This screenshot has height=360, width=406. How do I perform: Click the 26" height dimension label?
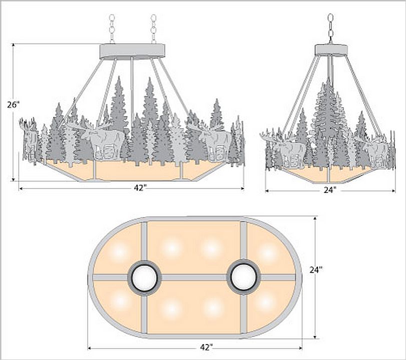(x=13, y=104)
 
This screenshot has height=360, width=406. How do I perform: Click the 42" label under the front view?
(x=140, y=188)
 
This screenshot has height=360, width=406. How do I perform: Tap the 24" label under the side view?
(x=330, y=190)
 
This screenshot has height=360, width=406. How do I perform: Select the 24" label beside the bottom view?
(x=316, y=269)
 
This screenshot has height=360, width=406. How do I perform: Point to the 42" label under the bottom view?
(x=206, y=347)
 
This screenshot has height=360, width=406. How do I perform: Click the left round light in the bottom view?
(x=145, y=278)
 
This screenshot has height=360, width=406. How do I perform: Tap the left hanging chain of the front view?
(x=112, y=29)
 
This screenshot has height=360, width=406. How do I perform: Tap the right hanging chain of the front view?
(x=154, y=29)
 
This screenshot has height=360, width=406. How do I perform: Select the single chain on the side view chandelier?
(x=330, y=28)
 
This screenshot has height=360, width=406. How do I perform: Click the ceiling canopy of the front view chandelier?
(x=132, y=51)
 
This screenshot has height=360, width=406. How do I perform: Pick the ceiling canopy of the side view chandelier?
(x=331, y=50)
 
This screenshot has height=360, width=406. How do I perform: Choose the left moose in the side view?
(x=284, y=148)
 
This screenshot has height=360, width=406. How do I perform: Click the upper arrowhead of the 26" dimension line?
(x=13, y=46)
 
